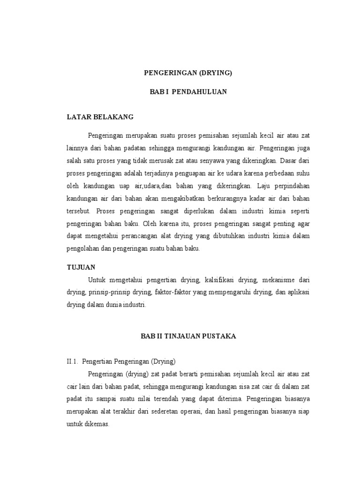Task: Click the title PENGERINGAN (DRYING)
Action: [187, 73]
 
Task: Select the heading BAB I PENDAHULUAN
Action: [188, 92]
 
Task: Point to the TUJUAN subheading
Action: [81, 267]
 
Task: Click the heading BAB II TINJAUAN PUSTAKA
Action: [188, 336]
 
